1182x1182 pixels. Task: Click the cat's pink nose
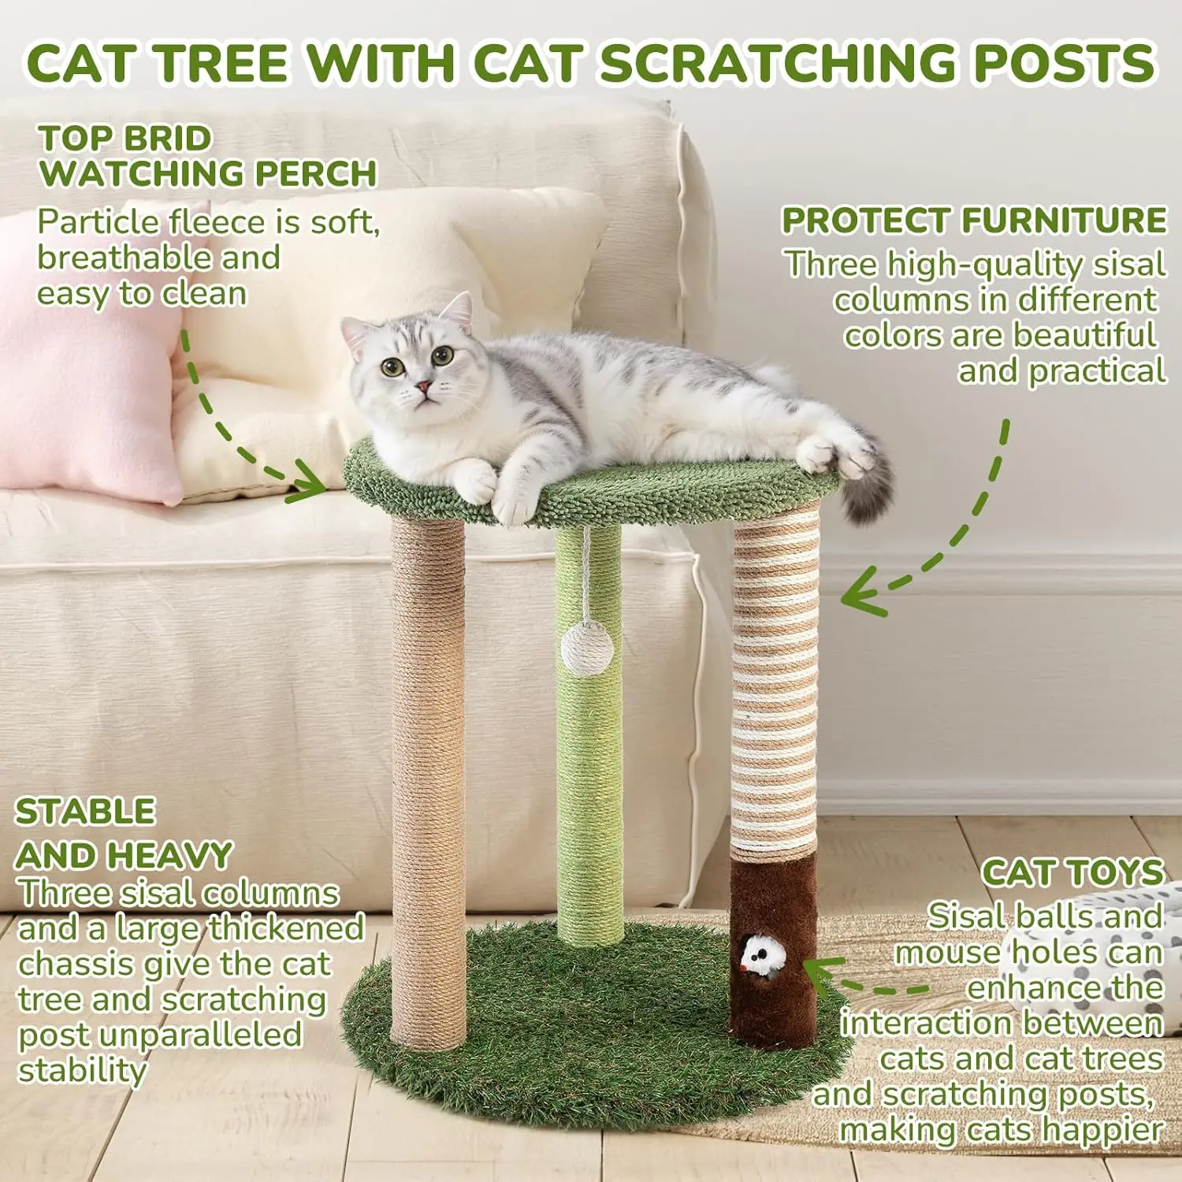click(x=423, y=386)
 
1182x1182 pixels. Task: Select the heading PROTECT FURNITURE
click(x=974, y=221)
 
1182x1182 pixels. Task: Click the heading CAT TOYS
click(x=1072, y=873)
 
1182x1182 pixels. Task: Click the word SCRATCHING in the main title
click(x=781, y=63)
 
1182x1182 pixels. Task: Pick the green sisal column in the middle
click(x=589, y=733)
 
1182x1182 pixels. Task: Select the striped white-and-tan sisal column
click(x=775, y=682)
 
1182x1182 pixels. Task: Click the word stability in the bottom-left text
click(x=82, y=1071)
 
